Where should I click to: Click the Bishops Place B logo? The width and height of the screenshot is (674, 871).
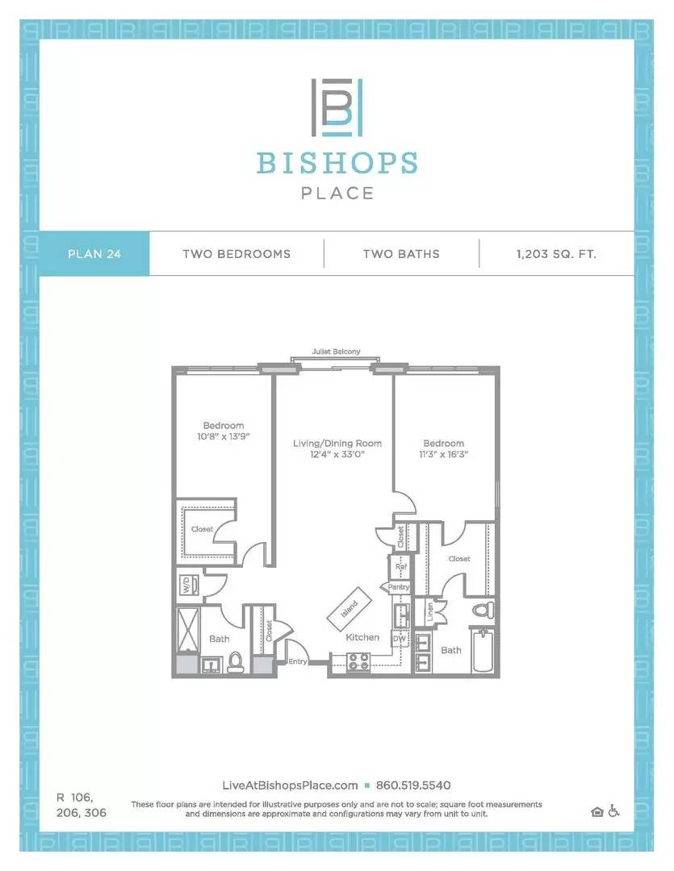(337, 107)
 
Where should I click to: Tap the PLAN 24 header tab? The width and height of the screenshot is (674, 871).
(94, 254)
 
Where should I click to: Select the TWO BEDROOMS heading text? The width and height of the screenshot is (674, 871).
(237, 254)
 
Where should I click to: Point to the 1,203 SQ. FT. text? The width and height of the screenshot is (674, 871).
(556, 254)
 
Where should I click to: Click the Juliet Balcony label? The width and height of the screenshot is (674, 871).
(336, 352)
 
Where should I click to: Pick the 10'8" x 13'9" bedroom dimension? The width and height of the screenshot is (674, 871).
(223, 436)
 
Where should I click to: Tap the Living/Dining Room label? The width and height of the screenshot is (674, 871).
(337, 444)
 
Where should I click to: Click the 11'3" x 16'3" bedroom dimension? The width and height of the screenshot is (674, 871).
(443, 454)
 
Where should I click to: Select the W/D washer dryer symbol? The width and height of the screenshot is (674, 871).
(186, 585)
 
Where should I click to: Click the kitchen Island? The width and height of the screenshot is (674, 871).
(350, 610)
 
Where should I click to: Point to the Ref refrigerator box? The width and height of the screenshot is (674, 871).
(401, 567)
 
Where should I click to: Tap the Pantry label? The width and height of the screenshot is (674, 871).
(398, 586)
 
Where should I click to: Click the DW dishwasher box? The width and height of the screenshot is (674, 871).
(400, 639)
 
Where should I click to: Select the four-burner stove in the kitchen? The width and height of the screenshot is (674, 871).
(358, 661)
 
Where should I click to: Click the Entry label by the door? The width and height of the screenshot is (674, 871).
(298, 661)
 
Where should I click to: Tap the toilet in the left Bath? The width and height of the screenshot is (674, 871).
(236, 661)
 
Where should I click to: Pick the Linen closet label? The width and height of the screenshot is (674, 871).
(430, 611)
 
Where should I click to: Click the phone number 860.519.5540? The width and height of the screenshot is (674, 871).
(413, 786)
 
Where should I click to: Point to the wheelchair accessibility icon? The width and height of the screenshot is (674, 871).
(613, 811)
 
